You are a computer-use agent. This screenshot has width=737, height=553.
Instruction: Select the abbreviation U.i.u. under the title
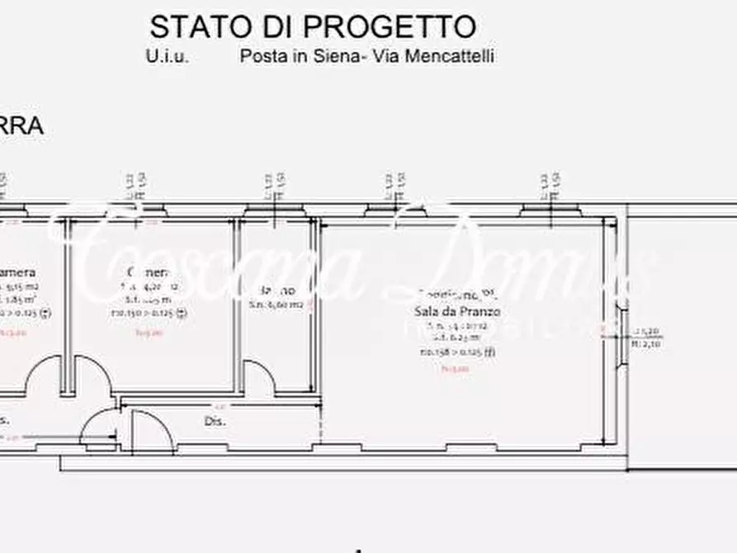coord(168,57)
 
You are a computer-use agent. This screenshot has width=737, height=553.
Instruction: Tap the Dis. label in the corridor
coord(215,421)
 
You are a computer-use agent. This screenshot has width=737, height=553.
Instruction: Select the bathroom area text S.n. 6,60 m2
coord(276,305)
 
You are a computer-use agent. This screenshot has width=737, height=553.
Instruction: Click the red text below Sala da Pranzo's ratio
coord(456,369)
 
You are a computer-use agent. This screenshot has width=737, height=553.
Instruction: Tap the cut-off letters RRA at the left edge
coord(21,128)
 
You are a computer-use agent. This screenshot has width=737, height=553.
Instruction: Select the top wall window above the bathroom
coord(273,210)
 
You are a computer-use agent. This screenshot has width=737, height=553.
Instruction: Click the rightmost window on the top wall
coord(550,210)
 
